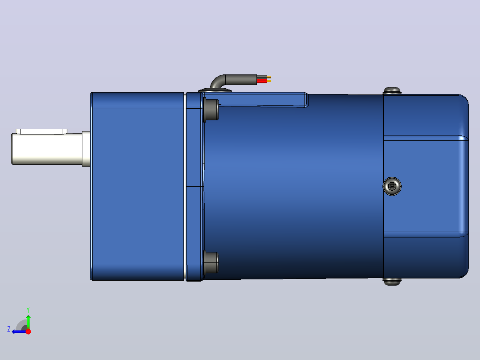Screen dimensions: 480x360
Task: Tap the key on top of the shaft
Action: [41, 131]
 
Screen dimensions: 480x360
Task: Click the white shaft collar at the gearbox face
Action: [86, 149]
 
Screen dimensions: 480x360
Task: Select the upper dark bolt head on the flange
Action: [211, 109]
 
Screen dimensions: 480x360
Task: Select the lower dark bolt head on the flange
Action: [211, 262]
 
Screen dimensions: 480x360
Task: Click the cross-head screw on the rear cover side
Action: [392, 186]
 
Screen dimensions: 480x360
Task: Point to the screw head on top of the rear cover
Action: [392, 90]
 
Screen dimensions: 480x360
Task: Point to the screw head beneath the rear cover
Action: [392, 282]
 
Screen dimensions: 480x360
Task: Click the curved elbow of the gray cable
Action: [216, 81]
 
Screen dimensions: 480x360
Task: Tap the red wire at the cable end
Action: [262, 81]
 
